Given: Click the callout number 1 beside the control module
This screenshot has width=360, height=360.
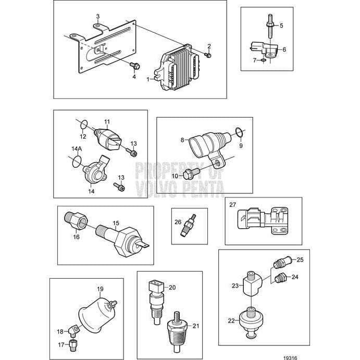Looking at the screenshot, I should coord(148,80).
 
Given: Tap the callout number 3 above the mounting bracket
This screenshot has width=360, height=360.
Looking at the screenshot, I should coord(97,17).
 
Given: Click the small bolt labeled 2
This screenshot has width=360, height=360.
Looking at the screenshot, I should coord(208,55).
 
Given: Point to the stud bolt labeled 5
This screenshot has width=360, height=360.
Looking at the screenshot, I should coord(271,25).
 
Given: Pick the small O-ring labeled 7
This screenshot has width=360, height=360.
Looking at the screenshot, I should coord(263,60).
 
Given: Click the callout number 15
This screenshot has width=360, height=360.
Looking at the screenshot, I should coord(116,222).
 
